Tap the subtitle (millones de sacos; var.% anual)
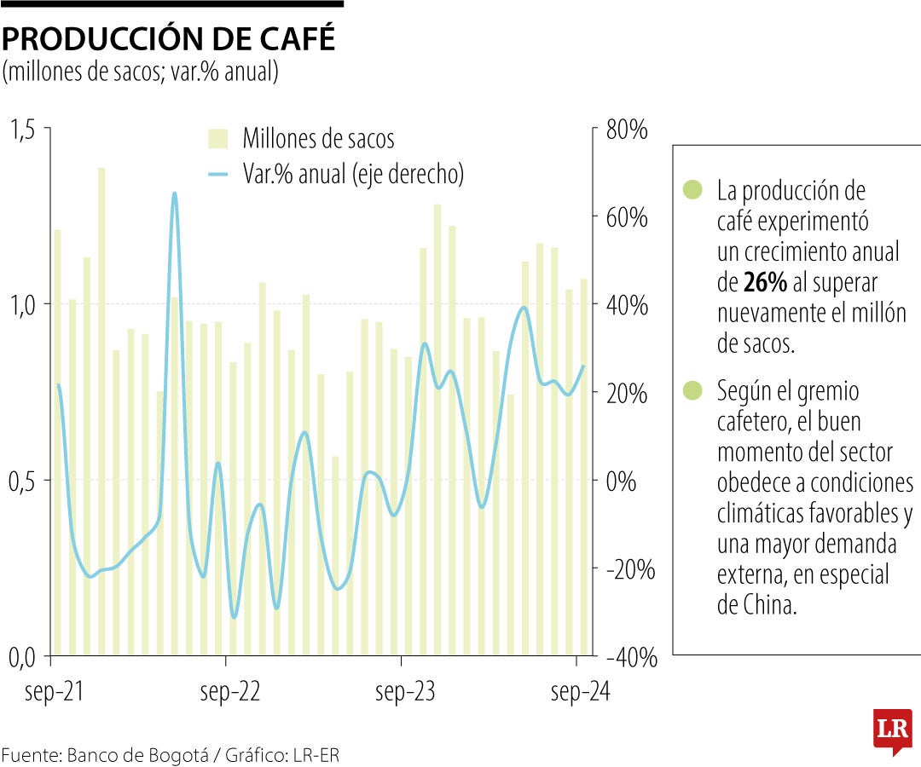pos(141,72)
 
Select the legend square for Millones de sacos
pos(218,139)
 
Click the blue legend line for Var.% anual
pos(218,175)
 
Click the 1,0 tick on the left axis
pos(25,305)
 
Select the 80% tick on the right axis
pos(627,130)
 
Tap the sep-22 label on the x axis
pos(230,692)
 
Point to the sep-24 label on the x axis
pos(581,692)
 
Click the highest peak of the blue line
pos(175,193)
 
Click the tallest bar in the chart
pos(101,409)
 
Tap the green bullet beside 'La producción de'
pos(693,190)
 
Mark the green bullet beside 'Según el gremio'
pos(693,391)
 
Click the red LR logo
pos(892,730)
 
